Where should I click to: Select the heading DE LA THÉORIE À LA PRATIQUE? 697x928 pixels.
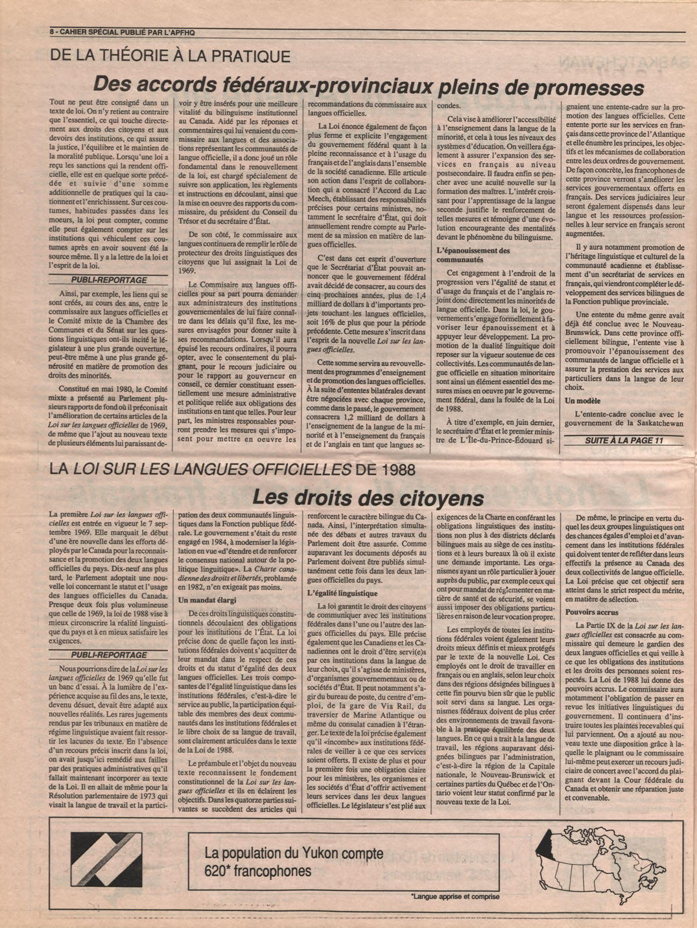[170, 56]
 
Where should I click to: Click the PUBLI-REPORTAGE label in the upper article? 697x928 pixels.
[108, 280]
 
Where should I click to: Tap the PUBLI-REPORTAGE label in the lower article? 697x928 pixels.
[108, 655]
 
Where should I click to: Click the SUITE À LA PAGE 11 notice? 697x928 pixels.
[624, 441]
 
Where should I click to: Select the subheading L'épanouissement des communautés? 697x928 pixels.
[473, 254]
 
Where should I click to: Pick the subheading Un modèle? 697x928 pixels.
[582, 401]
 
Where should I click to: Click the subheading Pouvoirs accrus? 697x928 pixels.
[591, 611]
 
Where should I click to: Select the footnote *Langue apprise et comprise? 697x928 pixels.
[455, 897]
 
